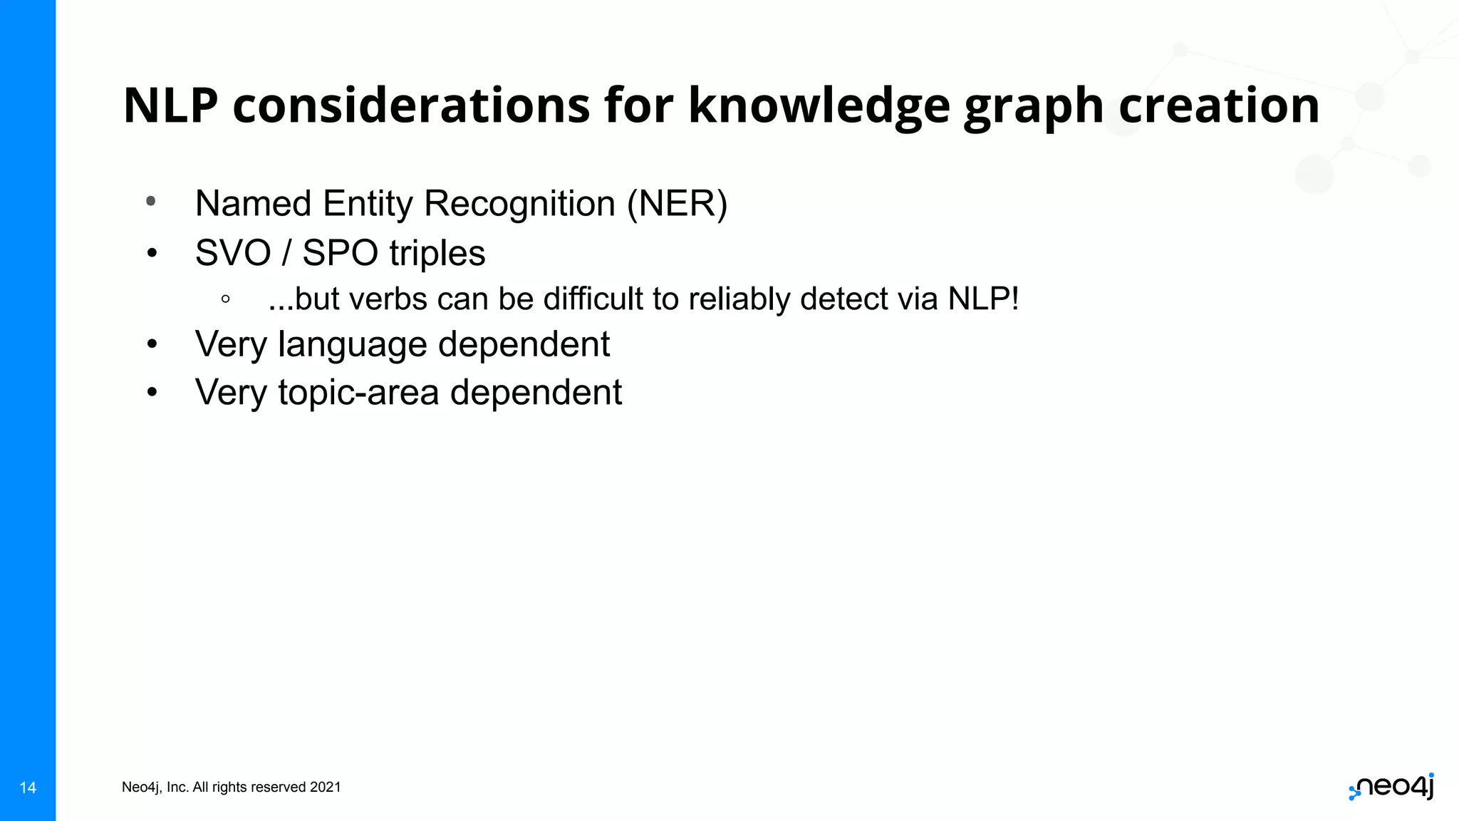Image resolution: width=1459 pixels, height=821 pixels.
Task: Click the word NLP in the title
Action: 170,105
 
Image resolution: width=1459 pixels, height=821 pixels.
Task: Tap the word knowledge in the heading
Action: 819,105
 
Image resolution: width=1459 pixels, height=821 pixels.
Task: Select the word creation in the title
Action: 1219,105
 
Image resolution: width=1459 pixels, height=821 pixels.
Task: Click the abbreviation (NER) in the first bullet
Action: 677,204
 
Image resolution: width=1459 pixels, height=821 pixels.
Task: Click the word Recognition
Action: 519,204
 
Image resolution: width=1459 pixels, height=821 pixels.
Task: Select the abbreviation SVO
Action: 233,253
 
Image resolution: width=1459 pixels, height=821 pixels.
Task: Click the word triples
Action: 437,254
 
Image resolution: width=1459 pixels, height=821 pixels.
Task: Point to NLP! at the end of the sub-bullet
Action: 983,299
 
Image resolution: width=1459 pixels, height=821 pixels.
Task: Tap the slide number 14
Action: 28,788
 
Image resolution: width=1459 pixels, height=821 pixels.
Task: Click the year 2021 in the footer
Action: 326,787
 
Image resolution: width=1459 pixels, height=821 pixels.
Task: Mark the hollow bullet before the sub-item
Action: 225,300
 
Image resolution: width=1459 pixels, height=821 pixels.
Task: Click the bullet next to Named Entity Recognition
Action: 151,202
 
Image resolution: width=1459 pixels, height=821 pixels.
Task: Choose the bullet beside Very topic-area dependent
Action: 151,392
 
